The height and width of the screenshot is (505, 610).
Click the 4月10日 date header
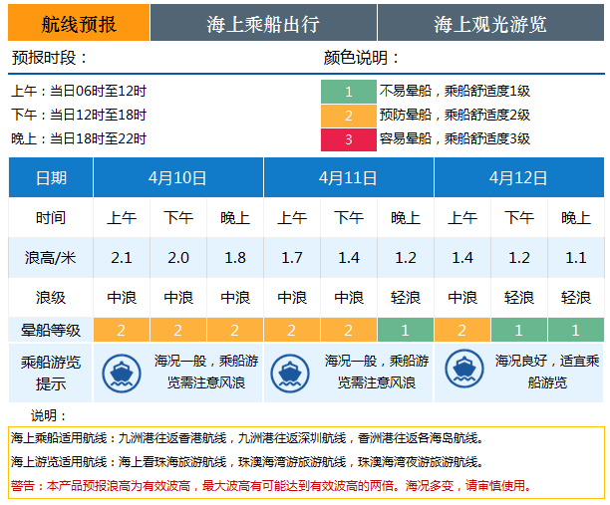pyautogui.click(x=177, y=178)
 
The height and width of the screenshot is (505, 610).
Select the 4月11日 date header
pyautogui.click(x=348, y=178)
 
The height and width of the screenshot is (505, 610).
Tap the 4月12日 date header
pyautogui.click(x=518, y=178)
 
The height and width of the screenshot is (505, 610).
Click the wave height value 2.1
pyautogui.click(x=122, y=258)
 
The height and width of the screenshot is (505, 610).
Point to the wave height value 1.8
pyautogui.click(x=235, y=258)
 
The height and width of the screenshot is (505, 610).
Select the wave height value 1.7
pyautogui.click(x=292, y=258)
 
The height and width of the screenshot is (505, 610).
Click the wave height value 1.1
pyautogui.click(x=576, y=258)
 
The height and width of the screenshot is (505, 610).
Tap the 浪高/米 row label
pyautogui.click(x=51, y=258)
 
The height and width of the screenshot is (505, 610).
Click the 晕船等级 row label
pyautogui.click(x=51, y=330)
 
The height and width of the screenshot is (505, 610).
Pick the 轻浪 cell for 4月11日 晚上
pyautogui.click(x=406, y=297)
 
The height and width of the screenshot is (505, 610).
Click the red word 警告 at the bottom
pyautogui.click(x=24, y=486)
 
